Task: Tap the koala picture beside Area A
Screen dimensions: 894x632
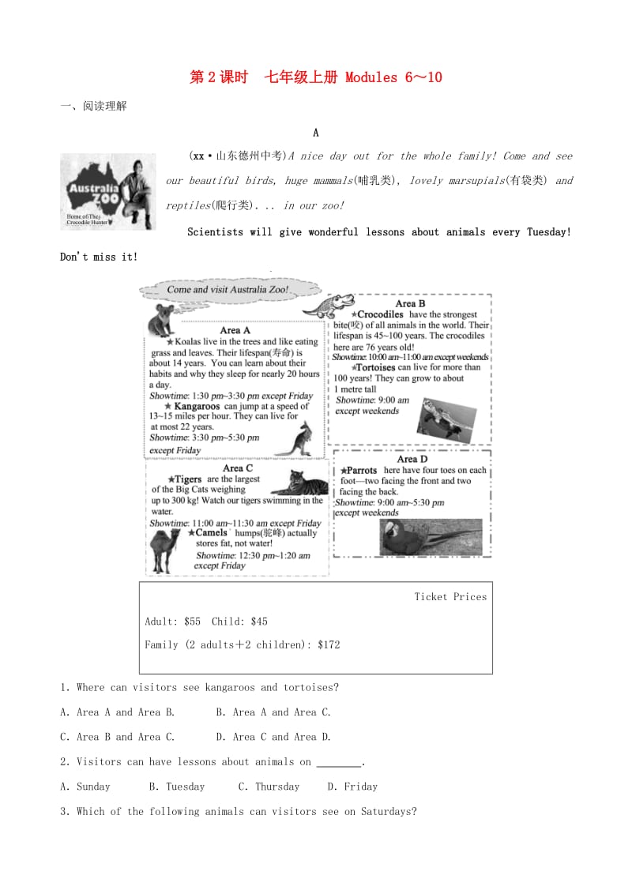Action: (x=162, y=319)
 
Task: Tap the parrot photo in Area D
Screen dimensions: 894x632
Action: (x=431, y=537)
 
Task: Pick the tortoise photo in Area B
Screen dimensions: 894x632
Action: (x=447, y=419)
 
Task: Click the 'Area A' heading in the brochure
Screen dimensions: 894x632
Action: (x=235, y=330)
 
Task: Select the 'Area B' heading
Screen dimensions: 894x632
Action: (x=410, y=303)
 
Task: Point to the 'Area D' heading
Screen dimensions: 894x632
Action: (x=412, y=459)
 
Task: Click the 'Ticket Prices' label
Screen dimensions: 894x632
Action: (x=450, y=597)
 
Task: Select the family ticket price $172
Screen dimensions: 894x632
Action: (x=329, y=644)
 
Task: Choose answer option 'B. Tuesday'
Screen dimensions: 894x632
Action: (x=176, y=787)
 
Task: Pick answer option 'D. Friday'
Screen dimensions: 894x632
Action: (x=352, y=787)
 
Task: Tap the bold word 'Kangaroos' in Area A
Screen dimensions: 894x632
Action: (x=197, y=406)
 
